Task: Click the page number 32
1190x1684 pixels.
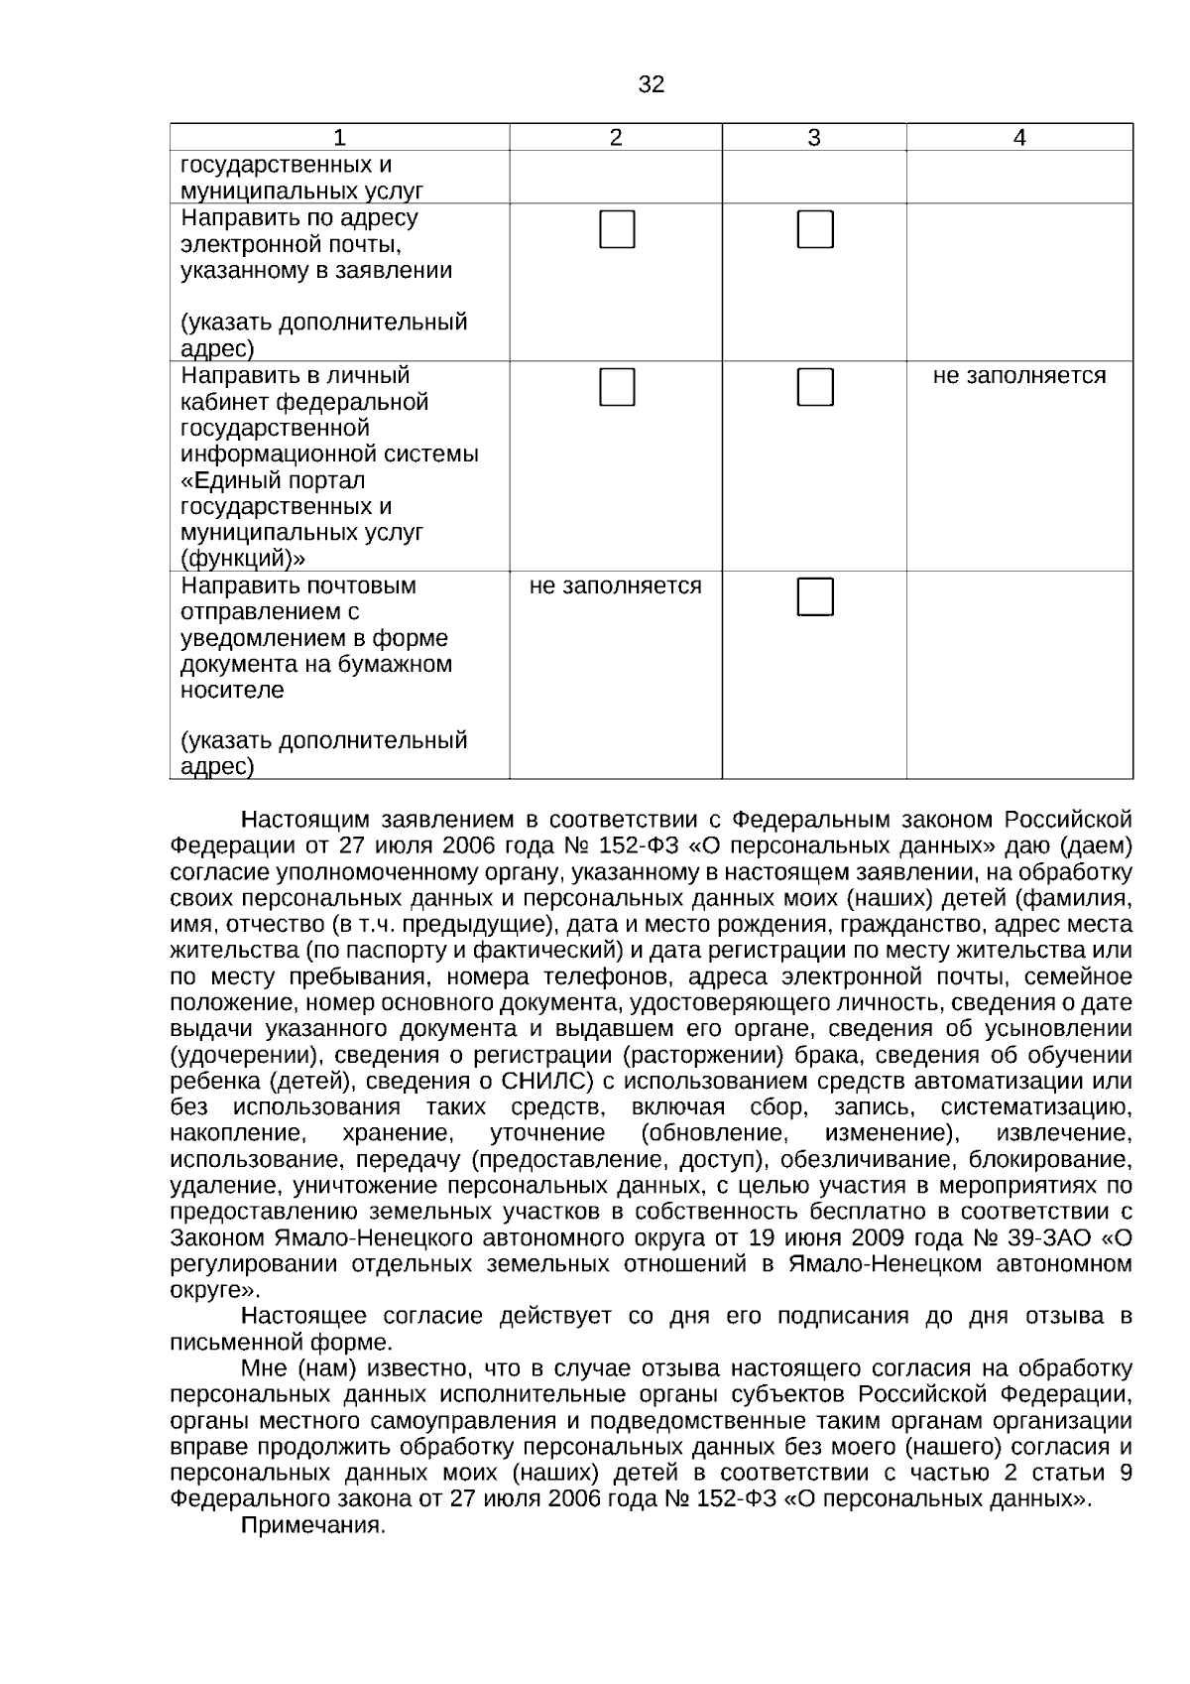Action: [651, 85]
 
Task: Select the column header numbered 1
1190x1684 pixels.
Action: [339, 138]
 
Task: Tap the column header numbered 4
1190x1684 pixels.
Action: [1019, 138]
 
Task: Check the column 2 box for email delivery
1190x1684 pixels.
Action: [616, 229]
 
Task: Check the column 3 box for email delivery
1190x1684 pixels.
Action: [815, 229]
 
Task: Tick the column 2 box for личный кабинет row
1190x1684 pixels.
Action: [616, 387]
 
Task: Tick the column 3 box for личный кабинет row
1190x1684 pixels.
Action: [815, 387]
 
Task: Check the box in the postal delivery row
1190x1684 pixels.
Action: [815, 596]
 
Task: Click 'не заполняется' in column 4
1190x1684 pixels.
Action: [1019, 376]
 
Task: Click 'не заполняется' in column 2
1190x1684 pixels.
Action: [615, 586]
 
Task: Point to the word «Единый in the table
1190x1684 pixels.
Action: [225, 480]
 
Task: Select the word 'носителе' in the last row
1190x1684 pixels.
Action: [231, 690]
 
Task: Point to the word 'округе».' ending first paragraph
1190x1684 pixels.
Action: [215, 1290]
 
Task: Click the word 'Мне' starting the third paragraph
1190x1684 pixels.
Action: [263, 1369]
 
